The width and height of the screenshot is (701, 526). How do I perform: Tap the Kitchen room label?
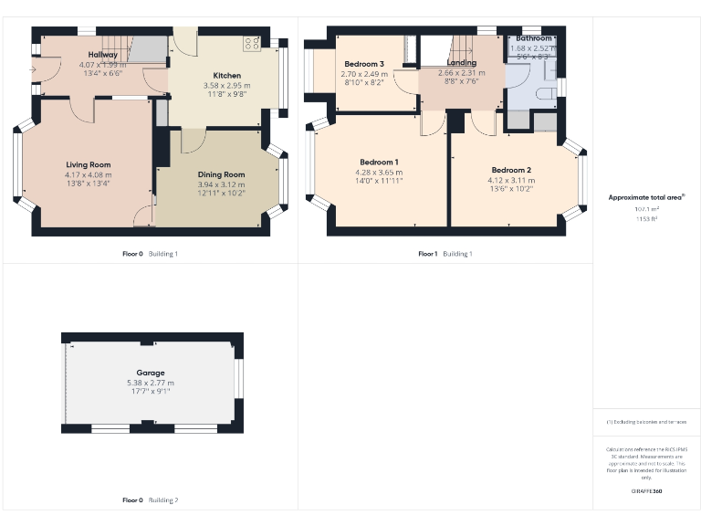click(226, 75)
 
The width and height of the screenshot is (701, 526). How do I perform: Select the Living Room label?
click(87, 164)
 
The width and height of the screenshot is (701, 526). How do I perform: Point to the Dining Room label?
click(222, 174)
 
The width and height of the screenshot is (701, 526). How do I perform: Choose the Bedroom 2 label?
click(511, 170)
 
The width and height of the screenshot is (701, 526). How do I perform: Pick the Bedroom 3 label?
click(364, 63)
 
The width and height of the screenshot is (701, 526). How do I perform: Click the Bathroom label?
click(534, 38)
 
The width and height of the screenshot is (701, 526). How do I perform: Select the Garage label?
click(151, 373)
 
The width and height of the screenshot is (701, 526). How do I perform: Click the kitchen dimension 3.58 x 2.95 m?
click(226, 86)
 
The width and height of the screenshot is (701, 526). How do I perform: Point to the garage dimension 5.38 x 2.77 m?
click(151, 383)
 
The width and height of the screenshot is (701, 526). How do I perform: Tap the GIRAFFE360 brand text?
click(646, 492)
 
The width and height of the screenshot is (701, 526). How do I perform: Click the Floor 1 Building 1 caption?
click(445, 254)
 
